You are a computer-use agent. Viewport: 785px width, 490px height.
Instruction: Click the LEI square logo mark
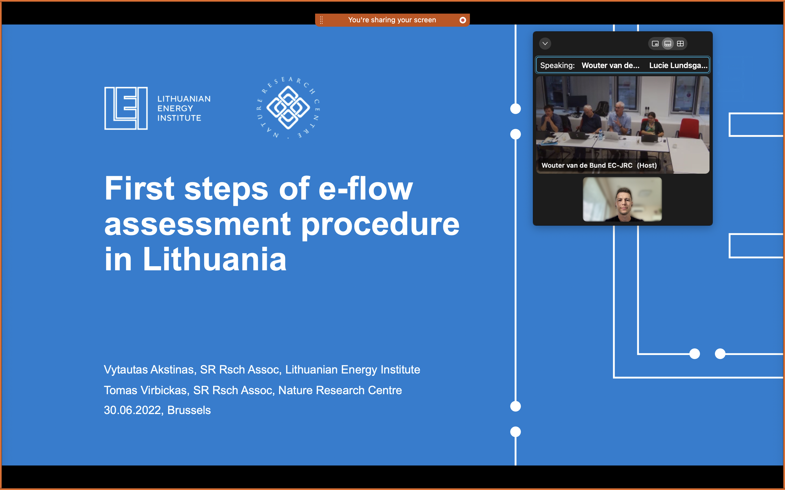click(126, 108)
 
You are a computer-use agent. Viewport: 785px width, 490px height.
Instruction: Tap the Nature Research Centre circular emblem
click(288, 108)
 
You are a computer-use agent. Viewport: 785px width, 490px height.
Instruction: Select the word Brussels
click(189, 410)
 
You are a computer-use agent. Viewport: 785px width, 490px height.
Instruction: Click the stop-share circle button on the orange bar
click(463, 20)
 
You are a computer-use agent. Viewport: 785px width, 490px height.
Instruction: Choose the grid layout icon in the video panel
click(681, 44)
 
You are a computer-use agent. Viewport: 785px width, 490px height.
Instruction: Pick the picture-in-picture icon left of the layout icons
click(655, 44)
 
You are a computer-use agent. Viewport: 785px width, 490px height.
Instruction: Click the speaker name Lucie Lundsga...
click(678, 65)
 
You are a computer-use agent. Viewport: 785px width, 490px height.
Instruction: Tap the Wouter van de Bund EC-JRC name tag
click(599, 165)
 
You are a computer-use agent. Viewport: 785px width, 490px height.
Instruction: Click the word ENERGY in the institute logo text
click(175, 108)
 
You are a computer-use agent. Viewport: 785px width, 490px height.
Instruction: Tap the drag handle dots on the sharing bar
click(321, 20)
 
